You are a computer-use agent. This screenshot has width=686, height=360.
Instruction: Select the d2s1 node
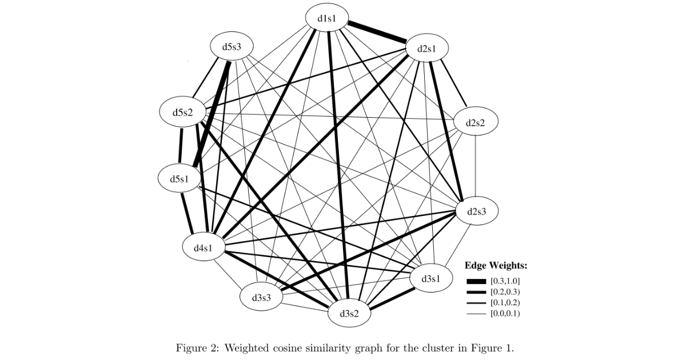pyautogui.click(x=426, y=49)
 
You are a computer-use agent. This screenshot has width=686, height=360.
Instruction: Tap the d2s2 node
pyautogui.click(x=476, y=123)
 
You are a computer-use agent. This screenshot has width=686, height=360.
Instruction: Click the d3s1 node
pyautogui.click(x=431, y=278)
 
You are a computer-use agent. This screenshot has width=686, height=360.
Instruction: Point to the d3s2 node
pyautogui.click(x=349, y=313)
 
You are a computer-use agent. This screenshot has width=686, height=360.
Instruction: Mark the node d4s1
pyautogui.click(x=204, y=248)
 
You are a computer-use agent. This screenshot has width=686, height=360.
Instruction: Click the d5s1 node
pyautogui.click(x=180, y=178)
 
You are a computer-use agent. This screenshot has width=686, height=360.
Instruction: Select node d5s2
pyautogui.click(x=182, y=112)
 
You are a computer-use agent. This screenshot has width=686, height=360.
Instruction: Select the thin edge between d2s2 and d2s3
pyautogui.click(x=476, y=167)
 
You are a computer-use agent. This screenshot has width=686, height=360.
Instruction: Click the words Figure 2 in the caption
pyautogui.click(x=196, y=347)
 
